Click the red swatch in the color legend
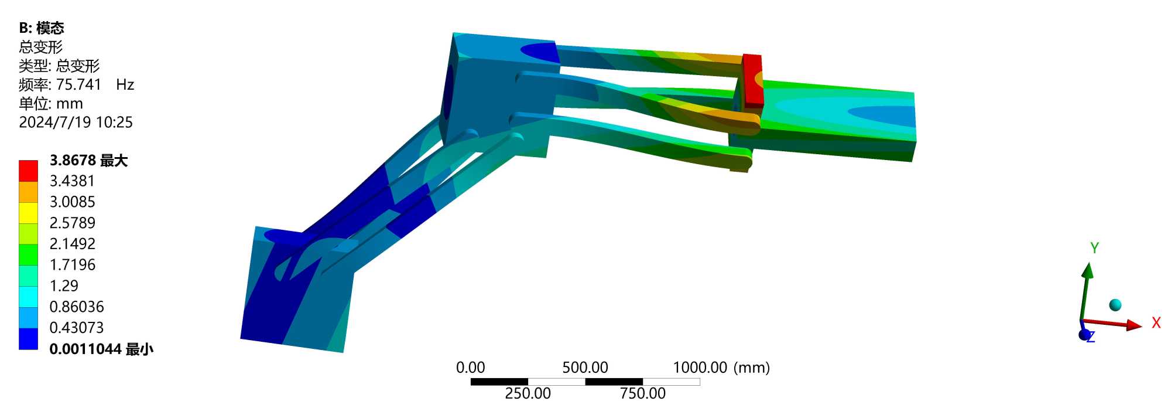pos(28,171)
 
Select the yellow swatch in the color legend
pos(28,213)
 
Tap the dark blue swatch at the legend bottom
pos(28,338)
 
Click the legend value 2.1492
pos(72,244)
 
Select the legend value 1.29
pos(64,286)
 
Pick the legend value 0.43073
pos(77,328)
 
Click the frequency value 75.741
pos(78,85)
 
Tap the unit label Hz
pos(125,85)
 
